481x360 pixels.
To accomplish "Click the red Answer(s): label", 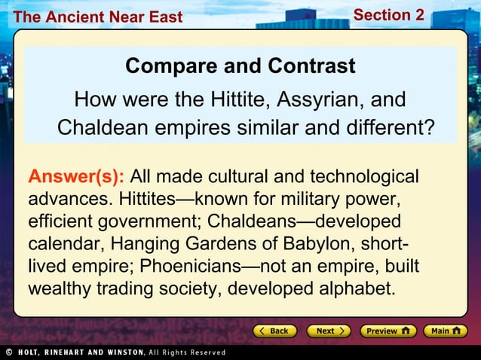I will click(76, 177).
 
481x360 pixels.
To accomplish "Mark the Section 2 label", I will click(388, 15).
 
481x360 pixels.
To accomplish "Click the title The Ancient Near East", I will click(98, 17).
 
